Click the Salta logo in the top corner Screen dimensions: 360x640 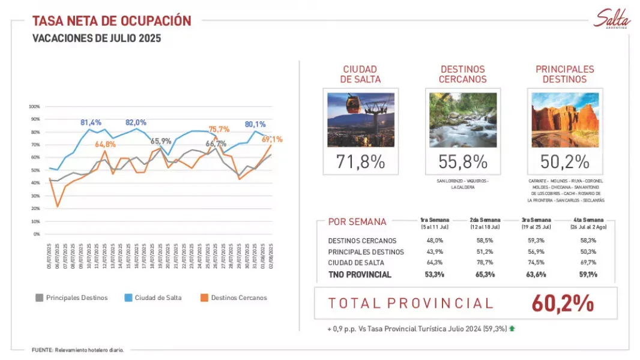[612, 19]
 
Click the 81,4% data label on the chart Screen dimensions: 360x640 [91, 122]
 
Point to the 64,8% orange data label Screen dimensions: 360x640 [105, 144]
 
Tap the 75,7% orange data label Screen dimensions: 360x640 [219, 129]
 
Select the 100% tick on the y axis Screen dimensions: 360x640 [34, 107]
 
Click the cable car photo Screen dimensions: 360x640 [361, 120]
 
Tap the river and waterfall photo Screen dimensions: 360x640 [463, 120]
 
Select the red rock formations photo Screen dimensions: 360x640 [565, 120]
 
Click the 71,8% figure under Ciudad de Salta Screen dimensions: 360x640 [361, 161]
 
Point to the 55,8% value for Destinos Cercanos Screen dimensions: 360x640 [463, 161]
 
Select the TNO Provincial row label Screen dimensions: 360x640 [360, 275]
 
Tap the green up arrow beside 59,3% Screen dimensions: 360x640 [512, 329]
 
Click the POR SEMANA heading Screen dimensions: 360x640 [357, 221]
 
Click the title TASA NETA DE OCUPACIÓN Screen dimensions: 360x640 [112, 22]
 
